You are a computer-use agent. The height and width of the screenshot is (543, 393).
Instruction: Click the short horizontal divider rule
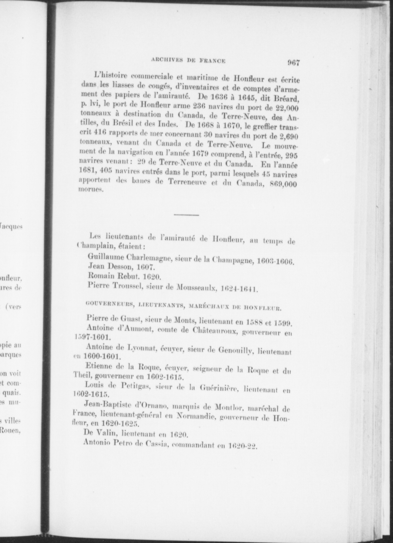[x=186, y=215]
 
